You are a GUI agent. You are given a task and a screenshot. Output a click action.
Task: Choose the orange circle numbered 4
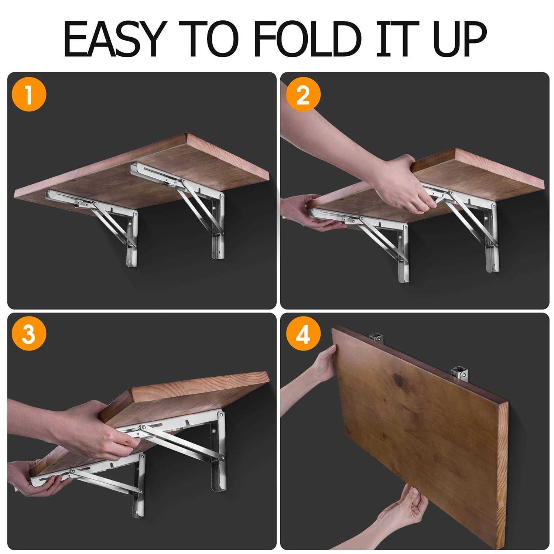(x=303, y=335)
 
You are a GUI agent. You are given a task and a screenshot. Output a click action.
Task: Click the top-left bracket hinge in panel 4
(x=377, y=337)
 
